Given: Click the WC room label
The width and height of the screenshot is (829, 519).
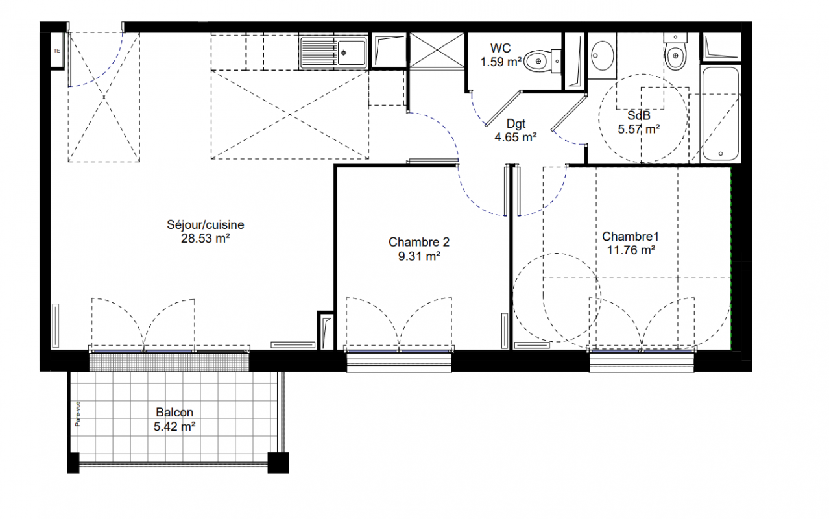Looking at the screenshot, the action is [500, 48].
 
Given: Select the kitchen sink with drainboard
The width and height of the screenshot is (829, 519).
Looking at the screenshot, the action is [333, 53].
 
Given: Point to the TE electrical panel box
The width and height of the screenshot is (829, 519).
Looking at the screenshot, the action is [57, 51].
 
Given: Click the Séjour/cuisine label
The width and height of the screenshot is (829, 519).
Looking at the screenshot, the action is [206, 224].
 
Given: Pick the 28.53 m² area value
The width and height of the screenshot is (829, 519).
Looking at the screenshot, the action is [206, 238].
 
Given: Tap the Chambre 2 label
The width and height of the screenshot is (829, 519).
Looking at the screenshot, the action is [419, 242].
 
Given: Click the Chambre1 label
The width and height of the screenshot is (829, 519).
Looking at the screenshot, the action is [631, 236].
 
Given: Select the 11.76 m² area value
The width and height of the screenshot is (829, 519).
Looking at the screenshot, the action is [631, 250].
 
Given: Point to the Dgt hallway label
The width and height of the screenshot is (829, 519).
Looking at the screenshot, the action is [516, 124].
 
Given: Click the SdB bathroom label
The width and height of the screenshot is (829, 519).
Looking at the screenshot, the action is [639, 115].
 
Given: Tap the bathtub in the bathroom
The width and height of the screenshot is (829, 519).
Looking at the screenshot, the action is [720, 114].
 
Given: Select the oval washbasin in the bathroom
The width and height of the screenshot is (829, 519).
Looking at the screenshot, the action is [602, 56].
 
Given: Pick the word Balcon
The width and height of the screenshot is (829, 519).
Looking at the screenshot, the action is [174, 413].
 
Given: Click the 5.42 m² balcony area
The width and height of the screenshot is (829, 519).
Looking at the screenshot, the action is [174, 426].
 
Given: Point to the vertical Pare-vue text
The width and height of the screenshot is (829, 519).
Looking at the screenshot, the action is [78, 414].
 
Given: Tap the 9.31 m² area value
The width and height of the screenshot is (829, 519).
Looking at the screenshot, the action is [419, 256].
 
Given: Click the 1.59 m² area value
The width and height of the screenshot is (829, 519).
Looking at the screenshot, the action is [501, 62].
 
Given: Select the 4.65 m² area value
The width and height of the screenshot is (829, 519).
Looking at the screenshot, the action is [516, 138].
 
